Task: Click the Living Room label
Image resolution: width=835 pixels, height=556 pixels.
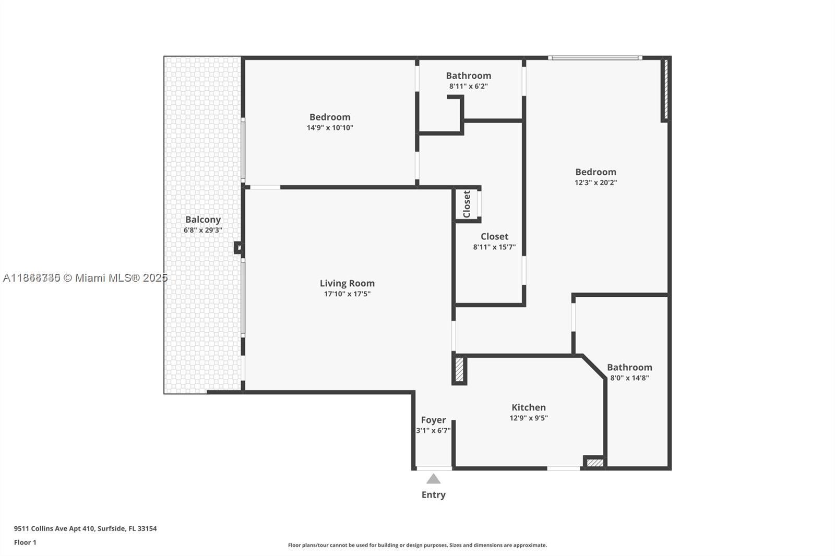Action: pos(347,283)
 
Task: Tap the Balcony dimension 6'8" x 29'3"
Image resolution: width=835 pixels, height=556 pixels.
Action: pos(203,230)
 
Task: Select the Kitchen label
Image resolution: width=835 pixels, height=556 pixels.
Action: pos(529,407)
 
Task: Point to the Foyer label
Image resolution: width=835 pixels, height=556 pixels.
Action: pos(433,420)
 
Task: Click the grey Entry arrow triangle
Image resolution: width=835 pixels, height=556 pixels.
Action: pos(433,479)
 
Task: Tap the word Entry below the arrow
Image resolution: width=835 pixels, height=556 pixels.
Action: pos(433,495)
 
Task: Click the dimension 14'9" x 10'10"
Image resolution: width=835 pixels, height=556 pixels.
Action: pos(330,128)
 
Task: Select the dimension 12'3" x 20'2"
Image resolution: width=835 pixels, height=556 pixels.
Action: pos(595,183)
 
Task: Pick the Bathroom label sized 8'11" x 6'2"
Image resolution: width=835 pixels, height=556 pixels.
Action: pos(468,76)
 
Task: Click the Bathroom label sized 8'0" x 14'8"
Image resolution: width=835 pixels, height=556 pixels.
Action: pos(629,367)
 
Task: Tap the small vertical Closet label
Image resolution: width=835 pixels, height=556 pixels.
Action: pos(467,204)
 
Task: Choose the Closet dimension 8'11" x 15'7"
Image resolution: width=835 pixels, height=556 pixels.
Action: pos(494,247)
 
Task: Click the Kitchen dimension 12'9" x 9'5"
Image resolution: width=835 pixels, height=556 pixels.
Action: pos(529,418)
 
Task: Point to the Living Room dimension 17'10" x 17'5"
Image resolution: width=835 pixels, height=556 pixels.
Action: pos(347,294)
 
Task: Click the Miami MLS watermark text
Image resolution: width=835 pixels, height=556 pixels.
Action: pos(85,277)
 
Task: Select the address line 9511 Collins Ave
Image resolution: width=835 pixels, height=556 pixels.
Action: pos(85,528)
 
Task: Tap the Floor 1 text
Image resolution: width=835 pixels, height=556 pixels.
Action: pos(25,542)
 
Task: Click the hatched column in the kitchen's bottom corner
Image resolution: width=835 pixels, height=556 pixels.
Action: pos(594,463)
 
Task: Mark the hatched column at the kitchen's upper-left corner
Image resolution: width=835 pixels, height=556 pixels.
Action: pos(459,369)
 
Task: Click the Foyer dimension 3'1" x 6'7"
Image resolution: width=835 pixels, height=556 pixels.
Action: pos(433,430)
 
